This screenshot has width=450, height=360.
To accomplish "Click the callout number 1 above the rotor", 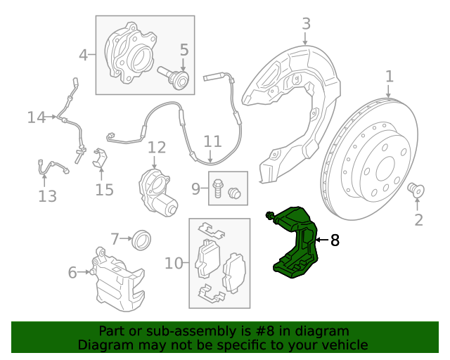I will coord(389,76).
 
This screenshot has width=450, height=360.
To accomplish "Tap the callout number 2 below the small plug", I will coord(418,221).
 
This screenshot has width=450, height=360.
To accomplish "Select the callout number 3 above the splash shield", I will coord(306,24).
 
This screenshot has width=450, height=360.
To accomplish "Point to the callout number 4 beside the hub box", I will coord(84,54).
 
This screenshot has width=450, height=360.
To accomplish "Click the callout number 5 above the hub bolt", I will coord(184,50).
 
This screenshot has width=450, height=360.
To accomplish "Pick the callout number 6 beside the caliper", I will coord(72,272).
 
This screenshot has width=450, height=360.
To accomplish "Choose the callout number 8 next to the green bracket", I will coord(334,240).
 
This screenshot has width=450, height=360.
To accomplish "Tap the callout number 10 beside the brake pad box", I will coord(173,264).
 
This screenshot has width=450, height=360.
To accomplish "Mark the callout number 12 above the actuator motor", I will coord(157,148).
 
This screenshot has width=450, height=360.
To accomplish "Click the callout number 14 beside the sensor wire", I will coord(37,117).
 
